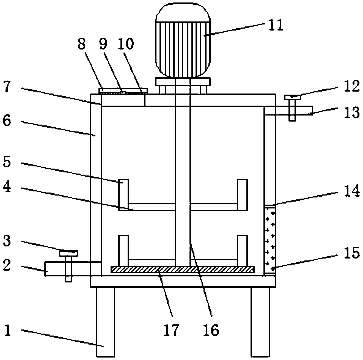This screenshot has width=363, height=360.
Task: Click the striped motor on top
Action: click(183, 40)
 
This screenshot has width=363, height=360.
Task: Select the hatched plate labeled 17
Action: click(183, 269)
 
